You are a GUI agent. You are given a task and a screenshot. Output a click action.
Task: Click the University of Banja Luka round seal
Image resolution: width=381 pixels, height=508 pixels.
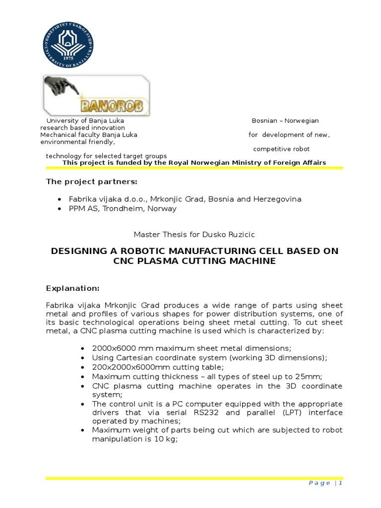(x=68, y=43)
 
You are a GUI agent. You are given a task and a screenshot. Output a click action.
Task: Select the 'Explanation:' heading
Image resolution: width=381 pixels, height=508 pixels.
(x=73, y=288)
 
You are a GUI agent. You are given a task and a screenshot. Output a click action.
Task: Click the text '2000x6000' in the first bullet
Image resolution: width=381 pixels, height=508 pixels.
(x=110, y=348)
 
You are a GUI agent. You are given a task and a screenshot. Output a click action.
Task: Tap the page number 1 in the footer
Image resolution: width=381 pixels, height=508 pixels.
(x=341, y=483)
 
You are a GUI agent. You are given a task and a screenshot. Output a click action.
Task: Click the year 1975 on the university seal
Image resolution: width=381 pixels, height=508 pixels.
(x=68, y=56)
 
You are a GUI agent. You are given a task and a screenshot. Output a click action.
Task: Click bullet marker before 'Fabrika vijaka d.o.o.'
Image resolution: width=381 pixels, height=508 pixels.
(x=73, y=199)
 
